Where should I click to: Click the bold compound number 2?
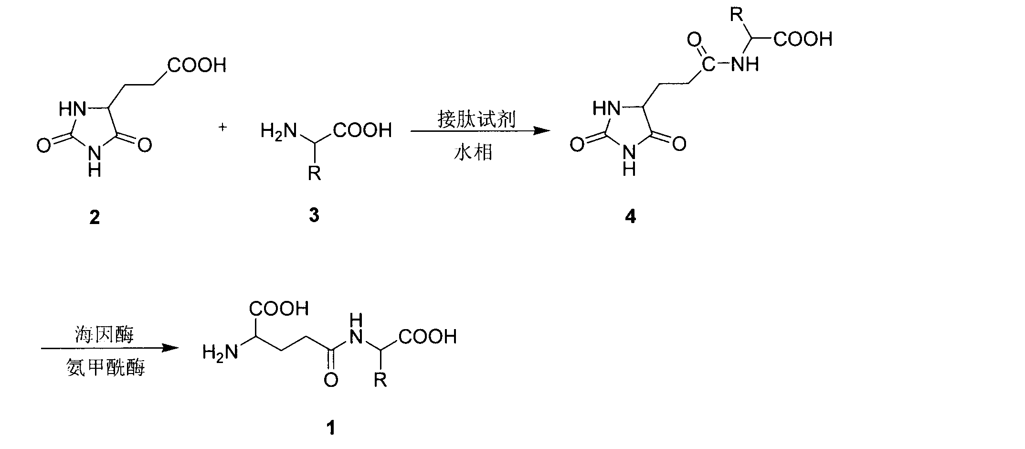pyautogui.click(x=95, y=218)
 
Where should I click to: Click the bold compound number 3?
pyautogui.click(x=314, y=215)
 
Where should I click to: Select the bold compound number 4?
pyautogui.click(x=631, y=217)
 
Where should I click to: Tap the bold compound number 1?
pyautogui.click(x=331, y=427)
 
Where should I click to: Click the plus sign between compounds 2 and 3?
pyautogui.click(x=222, y=128)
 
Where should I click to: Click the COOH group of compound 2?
pyautogui.click(x=197, y=65)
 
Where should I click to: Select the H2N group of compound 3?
pyautogui.click(x=279, y=130)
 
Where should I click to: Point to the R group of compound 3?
pyautogui.click(x=314, y=173)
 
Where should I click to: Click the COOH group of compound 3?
pyautogui.click(x=362, y=130)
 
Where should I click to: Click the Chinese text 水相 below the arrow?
pyautogui.click(x=473, y=152)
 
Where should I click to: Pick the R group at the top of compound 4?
pyautogui.click(x=738, y=15)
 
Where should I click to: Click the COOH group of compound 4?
pyautogui.click(x=803, y=39)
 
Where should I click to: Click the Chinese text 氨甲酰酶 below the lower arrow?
pyautogui.click(x=106, y=368)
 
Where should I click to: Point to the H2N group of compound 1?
pyautogui.click(x=220, y=353)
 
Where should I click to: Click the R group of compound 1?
pyautogui.click(x=380, y=380)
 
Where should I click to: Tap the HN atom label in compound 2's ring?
pyautogui.click(x=73, y=109)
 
